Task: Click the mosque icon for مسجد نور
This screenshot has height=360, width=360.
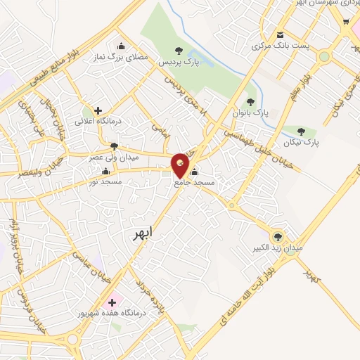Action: pos(106,171)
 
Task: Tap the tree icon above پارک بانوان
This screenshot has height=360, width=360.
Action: pos(250,102)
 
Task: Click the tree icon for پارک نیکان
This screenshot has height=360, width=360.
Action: pos(302,131)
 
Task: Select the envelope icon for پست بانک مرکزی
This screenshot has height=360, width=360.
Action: pos(281,36)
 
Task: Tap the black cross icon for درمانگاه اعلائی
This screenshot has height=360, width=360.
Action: pos(98,110)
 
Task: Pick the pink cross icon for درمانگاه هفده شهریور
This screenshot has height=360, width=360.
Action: pos(112,302)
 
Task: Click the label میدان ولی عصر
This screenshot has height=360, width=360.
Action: pos(114,157)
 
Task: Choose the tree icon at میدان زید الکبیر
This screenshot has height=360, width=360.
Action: pos(278,236)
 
